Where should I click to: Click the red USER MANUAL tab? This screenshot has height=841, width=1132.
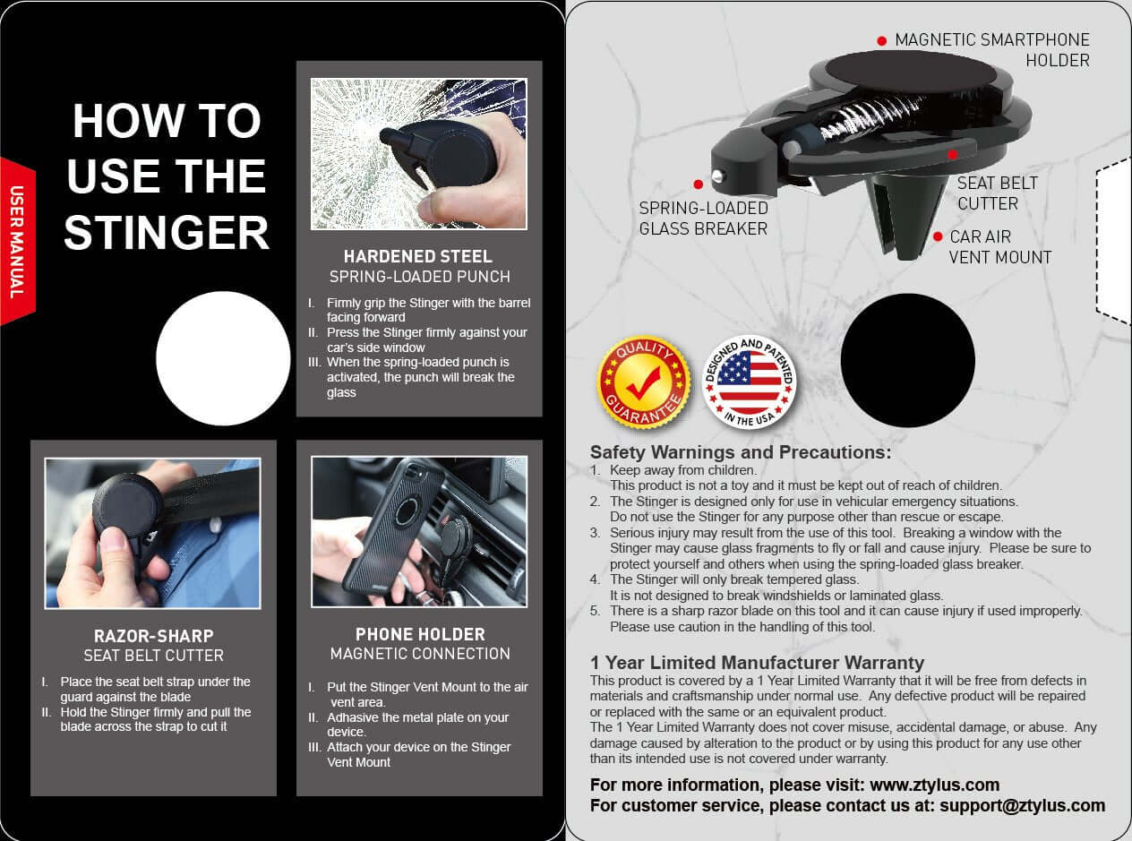point(16,241)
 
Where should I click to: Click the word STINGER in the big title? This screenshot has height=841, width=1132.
point(167,232)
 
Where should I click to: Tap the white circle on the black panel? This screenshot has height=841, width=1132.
point(222,358)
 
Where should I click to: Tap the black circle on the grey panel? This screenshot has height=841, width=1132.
point(907,360)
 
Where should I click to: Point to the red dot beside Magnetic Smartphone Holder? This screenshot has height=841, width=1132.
point(882,41)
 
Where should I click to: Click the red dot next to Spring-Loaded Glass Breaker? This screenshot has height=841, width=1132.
point(699,185)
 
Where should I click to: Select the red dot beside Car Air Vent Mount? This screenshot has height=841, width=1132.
point(938,237)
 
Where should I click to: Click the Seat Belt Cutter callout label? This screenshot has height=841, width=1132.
point(997,193)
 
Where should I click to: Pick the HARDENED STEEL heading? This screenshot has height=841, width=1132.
point(418,257)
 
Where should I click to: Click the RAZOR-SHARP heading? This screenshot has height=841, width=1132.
point(153,636)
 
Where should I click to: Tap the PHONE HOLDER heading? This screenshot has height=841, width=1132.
point(420,634)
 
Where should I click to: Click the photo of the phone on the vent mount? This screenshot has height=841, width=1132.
point(419,532)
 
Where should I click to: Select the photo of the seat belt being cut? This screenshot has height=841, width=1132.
point(153,534)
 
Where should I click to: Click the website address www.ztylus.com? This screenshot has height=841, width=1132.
point(934,785)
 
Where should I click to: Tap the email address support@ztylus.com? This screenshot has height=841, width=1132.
point(1022,805)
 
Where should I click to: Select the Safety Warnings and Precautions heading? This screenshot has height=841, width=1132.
point(740,452)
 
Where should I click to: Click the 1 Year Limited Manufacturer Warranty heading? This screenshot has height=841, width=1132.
point(757,663)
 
